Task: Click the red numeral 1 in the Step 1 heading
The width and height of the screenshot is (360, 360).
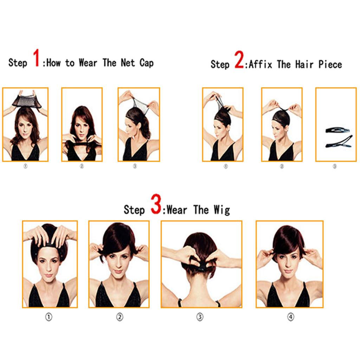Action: (36, 58)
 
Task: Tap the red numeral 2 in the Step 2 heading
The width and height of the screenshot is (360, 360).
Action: (239, 59)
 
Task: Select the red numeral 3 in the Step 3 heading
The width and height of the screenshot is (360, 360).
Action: (156, 204)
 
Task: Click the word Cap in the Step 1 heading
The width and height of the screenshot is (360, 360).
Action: (147, 63)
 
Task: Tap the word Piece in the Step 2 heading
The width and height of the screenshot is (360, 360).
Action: (330, 65)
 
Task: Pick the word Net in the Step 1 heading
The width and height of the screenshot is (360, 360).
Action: (128, 63)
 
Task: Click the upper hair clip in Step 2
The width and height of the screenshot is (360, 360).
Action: (337, 130)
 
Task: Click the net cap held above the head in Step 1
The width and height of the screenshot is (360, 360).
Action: (27, 101)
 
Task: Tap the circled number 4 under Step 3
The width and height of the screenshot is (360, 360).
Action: (291, 317)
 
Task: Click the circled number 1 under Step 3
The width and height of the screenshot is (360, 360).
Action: (49, 317)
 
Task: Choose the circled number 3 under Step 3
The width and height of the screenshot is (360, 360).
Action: (200, 317)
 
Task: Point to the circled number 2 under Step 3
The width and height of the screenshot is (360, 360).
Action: (120, 317)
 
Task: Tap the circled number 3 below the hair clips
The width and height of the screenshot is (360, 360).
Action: (335, 166)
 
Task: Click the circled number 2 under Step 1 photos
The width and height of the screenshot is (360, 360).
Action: (82, 166)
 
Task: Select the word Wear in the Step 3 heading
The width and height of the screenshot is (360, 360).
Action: (177, 210)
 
